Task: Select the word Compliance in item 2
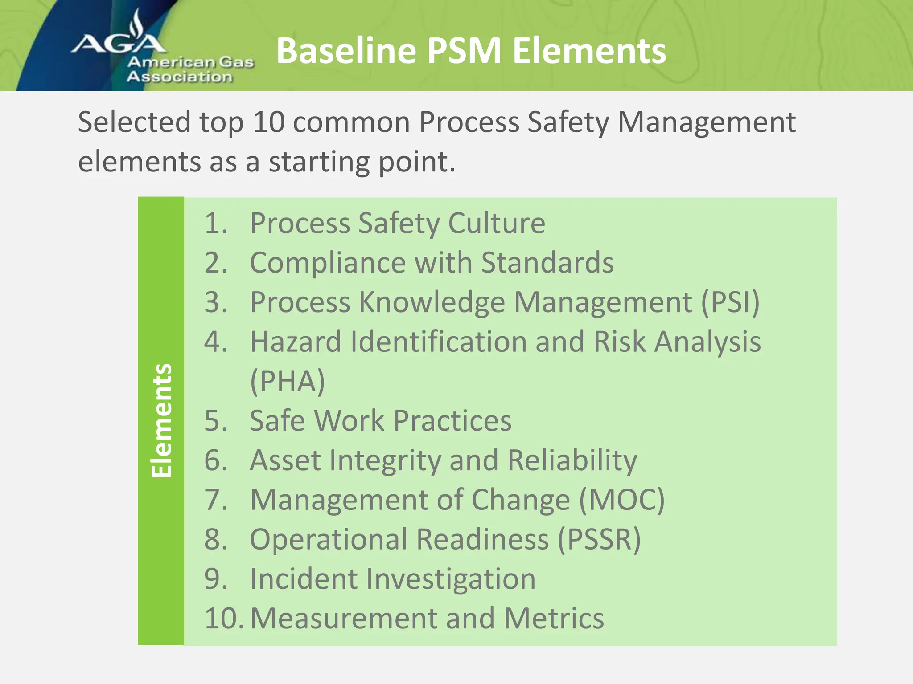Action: point(328,262)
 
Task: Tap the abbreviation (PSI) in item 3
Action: point(730,302)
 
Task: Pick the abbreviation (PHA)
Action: point(288,381)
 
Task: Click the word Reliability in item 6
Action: point(572,460)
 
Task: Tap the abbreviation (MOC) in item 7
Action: point(621,500)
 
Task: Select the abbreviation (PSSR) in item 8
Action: point(599,539)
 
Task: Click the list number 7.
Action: point(215,500)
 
